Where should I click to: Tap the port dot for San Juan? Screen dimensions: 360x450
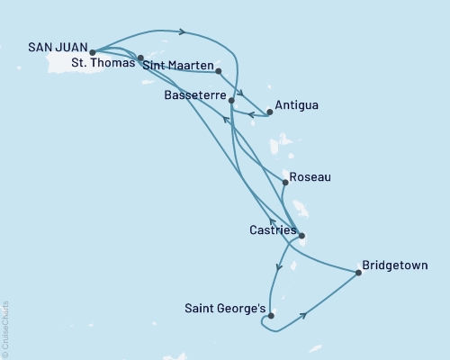coord(93,53)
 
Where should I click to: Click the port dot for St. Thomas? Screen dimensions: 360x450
coord(140,58)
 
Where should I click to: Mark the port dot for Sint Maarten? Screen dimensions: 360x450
coord(219,70)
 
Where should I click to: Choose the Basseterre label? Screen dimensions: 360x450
coord(196,94)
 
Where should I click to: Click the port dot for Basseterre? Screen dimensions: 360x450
coord(232,101)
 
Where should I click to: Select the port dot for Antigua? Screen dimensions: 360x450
coord(270,112)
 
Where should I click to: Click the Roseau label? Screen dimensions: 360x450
coord(311,177)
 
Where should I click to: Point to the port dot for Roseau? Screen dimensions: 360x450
coord(285,183)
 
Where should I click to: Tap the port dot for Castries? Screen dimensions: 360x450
coord(301,237)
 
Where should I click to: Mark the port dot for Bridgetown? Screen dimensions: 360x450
coord(358,273)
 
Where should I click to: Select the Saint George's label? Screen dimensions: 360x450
coord(226,310)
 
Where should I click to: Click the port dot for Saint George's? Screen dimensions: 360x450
coord(271,315)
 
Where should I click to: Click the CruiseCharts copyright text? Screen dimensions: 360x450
coord(5,329)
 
